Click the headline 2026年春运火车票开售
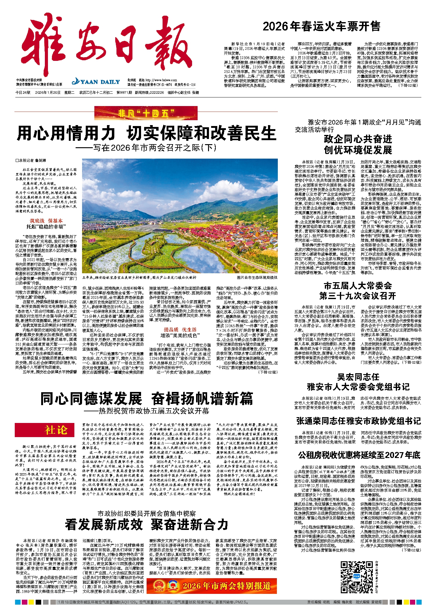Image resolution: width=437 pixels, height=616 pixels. [x=321, y=26]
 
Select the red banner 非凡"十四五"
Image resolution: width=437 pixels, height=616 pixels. [x=146, y=113]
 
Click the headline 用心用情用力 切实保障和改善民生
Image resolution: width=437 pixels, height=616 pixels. [x=146, y=133]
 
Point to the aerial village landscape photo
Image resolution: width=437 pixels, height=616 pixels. [x=180, y=215]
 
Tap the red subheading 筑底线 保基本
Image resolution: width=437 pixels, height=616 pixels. [x=46, y=221]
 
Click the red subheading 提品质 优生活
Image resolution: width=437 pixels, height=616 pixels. [x=180, y=330]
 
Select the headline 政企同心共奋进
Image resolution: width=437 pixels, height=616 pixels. [x=358, y=139]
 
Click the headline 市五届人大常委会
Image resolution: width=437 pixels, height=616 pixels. [x=358, y=286]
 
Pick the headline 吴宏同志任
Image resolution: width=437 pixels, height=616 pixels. [x=358, y=377]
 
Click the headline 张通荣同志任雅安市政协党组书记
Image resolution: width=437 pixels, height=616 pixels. [x=358, y=421]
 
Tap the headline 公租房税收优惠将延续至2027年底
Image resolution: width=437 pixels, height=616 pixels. [x=359, y=455]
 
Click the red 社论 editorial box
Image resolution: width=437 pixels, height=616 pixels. [x=45, y=430]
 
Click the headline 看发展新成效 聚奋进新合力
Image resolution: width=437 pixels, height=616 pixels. [x=146, y=525]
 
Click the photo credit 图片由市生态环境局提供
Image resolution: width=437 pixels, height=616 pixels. [x=257, y=277]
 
